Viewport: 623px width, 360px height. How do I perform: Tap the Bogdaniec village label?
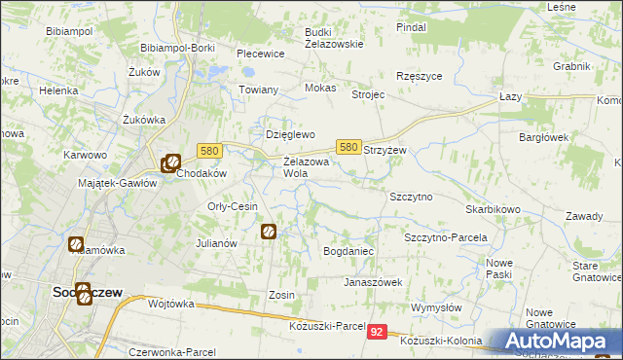(348, 251)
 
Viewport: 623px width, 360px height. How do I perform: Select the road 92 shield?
(379, 332)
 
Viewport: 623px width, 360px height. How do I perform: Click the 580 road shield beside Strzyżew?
(348, 147)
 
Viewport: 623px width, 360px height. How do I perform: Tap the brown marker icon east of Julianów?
(269, 232)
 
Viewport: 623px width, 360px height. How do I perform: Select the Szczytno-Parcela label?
(445, 237)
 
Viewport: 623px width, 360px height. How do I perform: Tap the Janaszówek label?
(372, 282)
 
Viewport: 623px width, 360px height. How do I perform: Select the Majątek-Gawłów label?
(117, 183)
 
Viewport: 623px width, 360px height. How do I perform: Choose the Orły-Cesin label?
(232, 206)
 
